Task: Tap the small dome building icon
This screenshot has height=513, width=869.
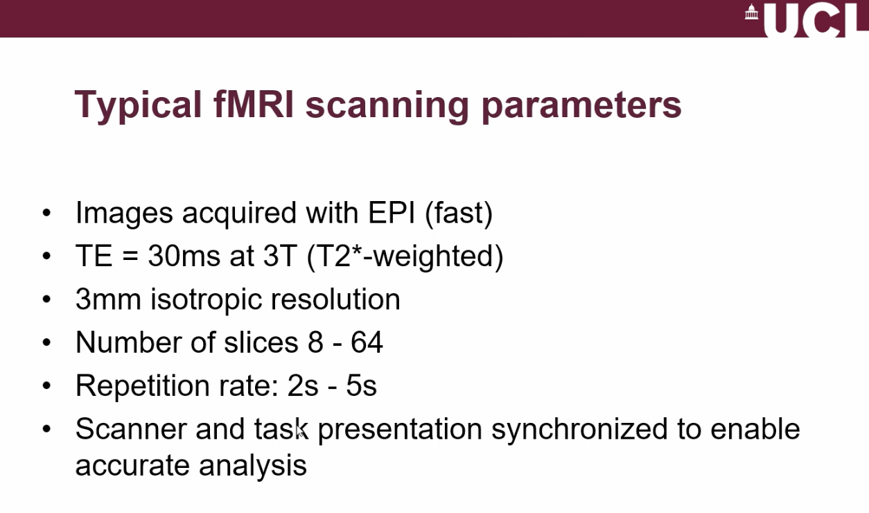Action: pyautogui.click(x=752, y=12)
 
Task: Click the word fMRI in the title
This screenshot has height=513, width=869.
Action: pyautogui.click(x=254, y=105)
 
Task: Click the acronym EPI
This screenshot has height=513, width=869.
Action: pyautogui.click(x=392, y=213)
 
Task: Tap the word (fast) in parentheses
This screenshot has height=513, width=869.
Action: pyautogui.click(x=459, y=214)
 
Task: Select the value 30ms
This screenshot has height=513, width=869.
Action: pyautogui.click(x=184, y=256)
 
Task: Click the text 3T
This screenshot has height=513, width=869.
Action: pyautogui.click(x=280, y=256)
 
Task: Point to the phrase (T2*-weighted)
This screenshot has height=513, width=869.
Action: pyautogui.click(x=405, y=257)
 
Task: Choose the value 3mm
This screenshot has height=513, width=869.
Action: pyautogui.click(x=108, y=299)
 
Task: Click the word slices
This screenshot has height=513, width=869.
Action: pyautogui.click(x=261, y=342)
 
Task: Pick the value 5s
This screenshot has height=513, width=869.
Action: pyautogui.click(x=361, y=385)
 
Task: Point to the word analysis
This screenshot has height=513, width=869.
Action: pyautogui.click(x=252, y=466)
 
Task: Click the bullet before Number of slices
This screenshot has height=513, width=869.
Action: pyautogui.click(x=46, y=342)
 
